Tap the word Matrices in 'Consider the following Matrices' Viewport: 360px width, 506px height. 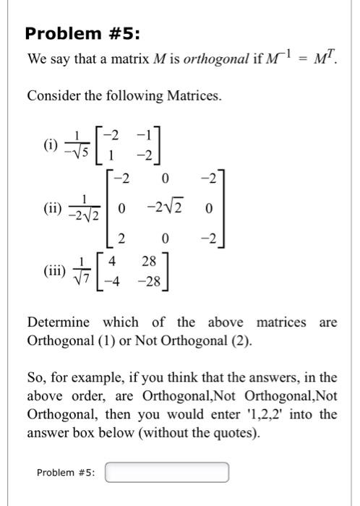click(x=181, y=96)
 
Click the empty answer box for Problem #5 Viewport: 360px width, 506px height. click(x=167, y=473)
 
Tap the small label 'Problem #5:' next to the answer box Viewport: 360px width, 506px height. click(x=67, y=473)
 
